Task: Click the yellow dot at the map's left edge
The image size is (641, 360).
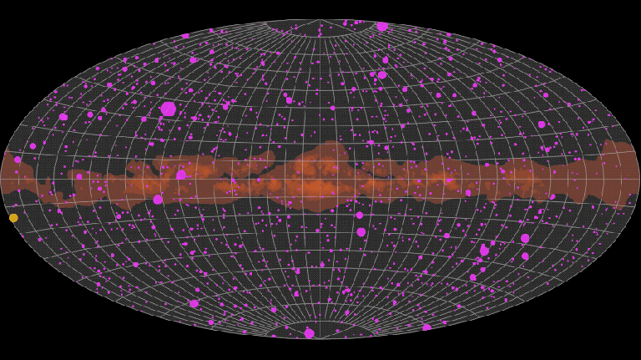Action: click(13, 218)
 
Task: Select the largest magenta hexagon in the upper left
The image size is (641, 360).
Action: click(169, 109)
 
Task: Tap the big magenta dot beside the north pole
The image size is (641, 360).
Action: click(382, 26)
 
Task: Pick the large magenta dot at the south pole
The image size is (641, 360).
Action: click(310, 333)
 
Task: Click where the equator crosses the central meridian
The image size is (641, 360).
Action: click(320, 179)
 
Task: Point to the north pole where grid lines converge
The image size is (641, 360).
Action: click(320, 20)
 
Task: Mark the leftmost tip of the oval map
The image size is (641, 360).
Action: click(2, 179)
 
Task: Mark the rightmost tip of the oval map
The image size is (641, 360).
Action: click(639, 179)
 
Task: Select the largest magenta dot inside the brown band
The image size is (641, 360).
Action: click(181, 175)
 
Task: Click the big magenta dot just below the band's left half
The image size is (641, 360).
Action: click(158, 200)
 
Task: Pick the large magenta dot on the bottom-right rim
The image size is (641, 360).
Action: click(426, 328)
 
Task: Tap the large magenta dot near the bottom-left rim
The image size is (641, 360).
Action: click(194, 304)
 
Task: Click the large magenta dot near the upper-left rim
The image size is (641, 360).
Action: click(63, 117)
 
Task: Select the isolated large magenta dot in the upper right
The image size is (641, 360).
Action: click(542, 124)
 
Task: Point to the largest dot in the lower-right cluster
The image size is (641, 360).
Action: click(484, 251)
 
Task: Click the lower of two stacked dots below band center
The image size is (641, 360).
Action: click(361, 232)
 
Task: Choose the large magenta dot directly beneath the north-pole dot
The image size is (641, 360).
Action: click(382, 74)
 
